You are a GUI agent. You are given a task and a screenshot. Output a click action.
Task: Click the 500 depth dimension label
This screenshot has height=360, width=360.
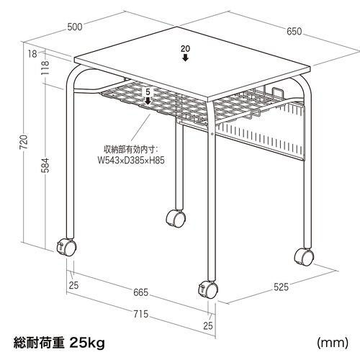[75, 27]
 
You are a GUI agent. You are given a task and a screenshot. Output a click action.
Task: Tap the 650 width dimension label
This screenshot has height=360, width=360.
[294, 31]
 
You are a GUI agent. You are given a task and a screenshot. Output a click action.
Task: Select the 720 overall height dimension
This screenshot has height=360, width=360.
[24, 142]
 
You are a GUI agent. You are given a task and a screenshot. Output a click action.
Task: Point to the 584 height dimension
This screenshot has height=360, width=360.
[45, 166]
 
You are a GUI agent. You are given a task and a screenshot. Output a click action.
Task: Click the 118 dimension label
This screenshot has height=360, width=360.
[45, 68]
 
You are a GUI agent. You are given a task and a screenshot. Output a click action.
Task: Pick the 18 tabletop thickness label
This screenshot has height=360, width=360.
[32, 54]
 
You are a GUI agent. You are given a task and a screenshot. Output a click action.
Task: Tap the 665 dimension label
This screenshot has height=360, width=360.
[141, 292]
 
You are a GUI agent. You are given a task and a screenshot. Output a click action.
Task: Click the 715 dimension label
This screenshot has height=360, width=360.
[141, 314]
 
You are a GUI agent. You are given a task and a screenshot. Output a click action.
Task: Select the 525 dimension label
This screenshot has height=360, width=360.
[281, 287]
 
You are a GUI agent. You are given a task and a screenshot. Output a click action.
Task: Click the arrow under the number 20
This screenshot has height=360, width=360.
[185, 58]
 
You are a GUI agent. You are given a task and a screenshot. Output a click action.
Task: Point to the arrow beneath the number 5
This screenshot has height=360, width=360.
[148, 101]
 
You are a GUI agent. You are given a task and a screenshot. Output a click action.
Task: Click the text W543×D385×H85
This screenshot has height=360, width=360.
[131, 161]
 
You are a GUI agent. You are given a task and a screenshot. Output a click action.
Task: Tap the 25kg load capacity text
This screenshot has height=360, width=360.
[87, 343]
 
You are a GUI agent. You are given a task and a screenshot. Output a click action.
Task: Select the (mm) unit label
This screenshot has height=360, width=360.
[333, 343]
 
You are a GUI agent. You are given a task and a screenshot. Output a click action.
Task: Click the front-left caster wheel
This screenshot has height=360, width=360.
[66, 247]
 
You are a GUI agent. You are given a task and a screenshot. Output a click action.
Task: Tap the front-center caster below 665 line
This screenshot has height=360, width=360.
[208, 290]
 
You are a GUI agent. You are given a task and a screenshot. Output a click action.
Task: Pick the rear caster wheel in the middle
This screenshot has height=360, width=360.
[176, 218]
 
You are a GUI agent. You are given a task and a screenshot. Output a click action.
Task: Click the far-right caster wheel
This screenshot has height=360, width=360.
[304, 257]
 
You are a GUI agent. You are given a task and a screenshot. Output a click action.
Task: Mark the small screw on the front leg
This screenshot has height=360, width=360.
[212, 133]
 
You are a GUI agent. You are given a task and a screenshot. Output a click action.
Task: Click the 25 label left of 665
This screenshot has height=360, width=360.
[73, 285]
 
